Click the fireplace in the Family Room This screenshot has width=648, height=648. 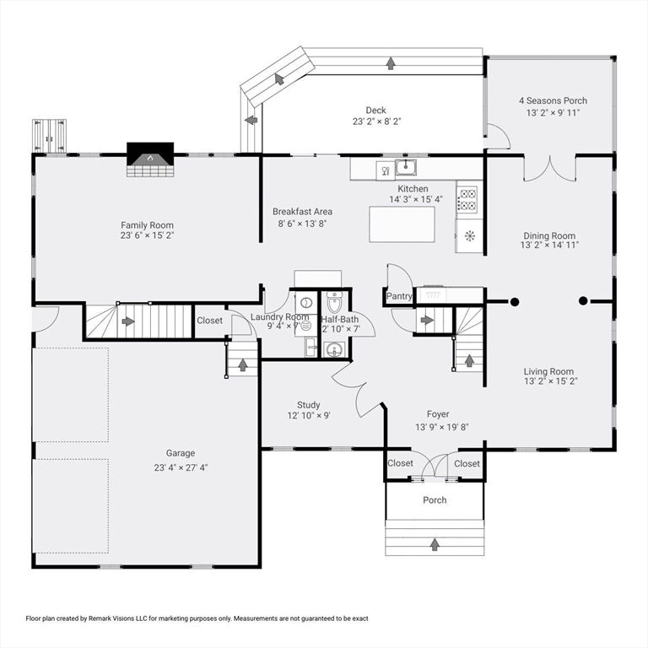pos(150,159)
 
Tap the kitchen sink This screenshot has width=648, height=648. pos(406,167)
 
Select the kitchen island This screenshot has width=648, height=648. pos(402,224)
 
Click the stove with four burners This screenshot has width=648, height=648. pos(467,199)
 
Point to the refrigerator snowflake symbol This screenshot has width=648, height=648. pos(470,235)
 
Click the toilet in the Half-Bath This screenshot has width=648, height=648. pos(334,302)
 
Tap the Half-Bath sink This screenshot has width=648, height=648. pos(333,350)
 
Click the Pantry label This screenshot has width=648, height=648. pos(399,296)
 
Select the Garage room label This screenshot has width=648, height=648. pos(181,453)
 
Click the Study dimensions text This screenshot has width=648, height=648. pos(309,415)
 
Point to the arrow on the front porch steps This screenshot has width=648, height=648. pos(435,544)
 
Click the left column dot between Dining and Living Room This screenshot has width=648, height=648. pos(515,302)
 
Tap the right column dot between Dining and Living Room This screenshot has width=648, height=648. pos(583,301)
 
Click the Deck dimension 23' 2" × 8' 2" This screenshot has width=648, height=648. pos(376,121)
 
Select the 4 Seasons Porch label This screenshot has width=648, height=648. pos(553,100)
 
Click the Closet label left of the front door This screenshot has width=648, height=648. pos(400,463)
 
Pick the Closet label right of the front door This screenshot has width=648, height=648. pos(467,464)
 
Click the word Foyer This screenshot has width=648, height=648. pos(438,414)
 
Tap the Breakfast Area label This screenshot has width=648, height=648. pos(303,212)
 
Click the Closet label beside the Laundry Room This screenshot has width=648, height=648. pos(209,321)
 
